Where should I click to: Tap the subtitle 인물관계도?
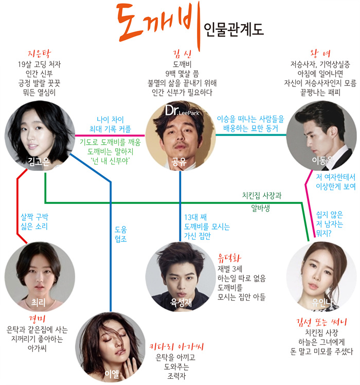pos(233,28)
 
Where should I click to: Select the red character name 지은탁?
pos(40,54)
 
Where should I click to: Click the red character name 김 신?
pos(180,54)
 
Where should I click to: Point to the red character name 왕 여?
pos(320,54)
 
